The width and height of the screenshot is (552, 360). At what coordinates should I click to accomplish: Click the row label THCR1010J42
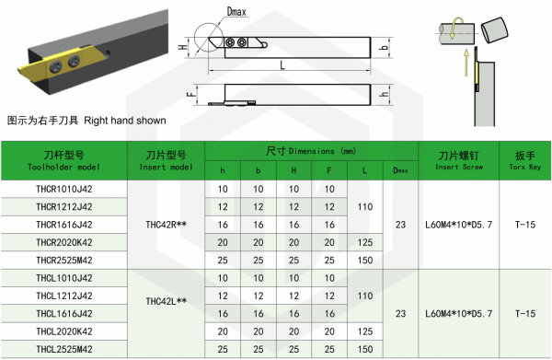click(x=64, y=189)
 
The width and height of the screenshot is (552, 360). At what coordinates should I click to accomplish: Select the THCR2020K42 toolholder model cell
click(x=64, y=242)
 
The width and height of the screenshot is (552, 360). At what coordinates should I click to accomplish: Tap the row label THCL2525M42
click(x=64, y=349)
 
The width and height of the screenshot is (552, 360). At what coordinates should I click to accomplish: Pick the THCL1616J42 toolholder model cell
click(x=64, y=313)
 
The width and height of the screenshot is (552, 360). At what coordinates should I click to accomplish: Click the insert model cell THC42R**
click(x=167, y=225)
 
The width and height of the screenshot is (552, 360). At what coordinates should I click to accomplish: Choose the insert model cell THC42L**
click(x=167, y=301)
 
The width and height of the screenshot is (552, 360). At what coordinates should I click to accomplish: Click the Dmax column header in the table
click(x=400, y=170)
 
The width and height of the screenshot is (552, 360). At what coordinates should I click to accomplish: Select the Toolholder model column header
click(x=64, y=160)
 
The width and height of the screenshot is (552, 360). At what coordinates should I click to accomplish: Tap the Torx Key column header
click(x=525, y=160)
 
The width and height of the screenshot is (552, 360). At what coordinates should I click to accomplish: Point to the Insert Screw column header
click(x=459, y=160)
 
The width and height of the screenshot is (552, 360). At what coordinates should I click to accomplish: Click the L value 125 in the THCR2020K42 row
click(x=365, y=242)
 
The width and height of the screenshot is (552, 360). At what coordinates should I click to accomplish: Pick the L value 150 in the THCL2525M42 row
click(x=365, y=349)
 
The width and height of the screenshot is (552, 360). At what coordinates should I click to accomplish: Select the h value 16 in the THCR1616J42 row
click(x=223, y=225)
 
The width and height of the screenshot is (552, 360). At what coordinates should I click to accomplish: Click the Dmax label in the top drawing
click(x=236, y=12)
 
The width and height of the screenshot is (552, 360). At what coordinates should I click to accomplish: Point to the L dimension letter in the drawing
click(x=282, y=65)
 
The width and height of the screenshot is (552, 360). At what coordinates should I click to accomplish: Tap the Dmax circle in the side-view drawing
click(x=194, y=38)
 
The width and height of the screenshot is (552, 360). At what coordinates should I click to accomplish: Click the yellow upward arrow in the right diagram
click(x=466, y=63)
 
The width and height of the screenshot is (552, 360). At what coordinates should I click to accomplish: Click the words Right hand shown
click(x=125, y=121)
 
